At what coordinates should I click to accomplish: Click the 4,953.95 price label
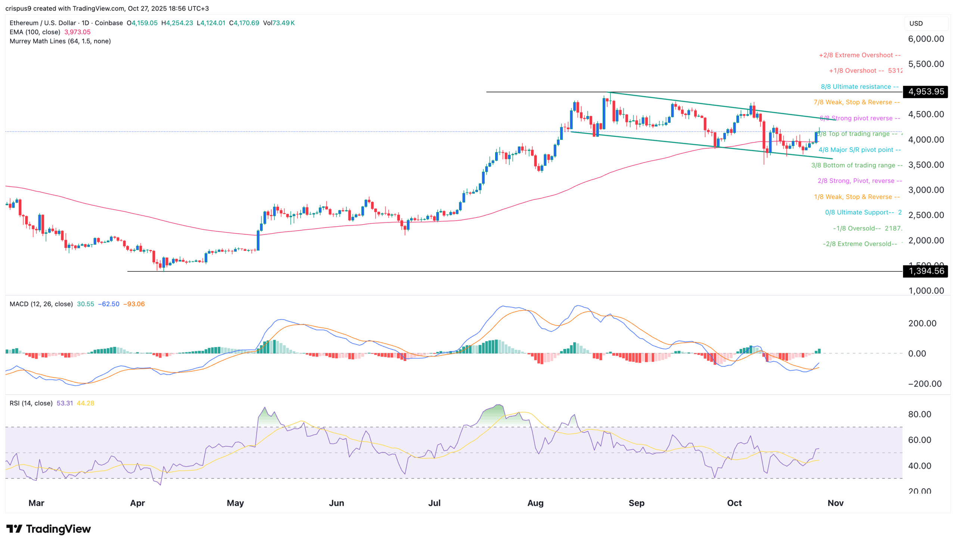[x=925, y=92]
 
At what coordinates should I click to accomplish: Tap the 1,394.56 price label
[x=925, y=271]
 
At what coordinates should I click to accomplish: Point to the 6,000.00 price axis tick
[x=926, y=39]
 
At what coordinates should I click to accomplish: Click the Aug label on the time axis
[x=535, y=503]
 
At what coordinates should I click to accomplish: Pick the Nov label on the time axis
[x=835, y=503]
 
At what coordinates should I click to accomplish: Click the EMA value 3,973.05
[x=78, y=32]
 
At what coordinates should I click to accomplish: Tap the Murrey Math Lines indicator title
[x=60, y=41]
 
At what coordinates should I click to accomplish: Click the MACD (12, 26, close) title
[x=41, y=304]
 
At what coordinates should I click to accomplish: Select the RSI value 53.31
[x=64, y=403]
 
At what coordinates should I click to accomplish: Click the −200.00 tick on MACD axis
[x=924, y=384]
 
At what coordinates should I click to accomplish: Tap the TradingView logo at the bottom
[x=49, y=529]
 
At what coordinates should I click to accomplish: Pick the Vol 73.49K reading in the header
[x=279, y=23]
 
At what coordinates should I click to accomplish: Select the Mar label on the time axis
[x=36, y=503]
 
